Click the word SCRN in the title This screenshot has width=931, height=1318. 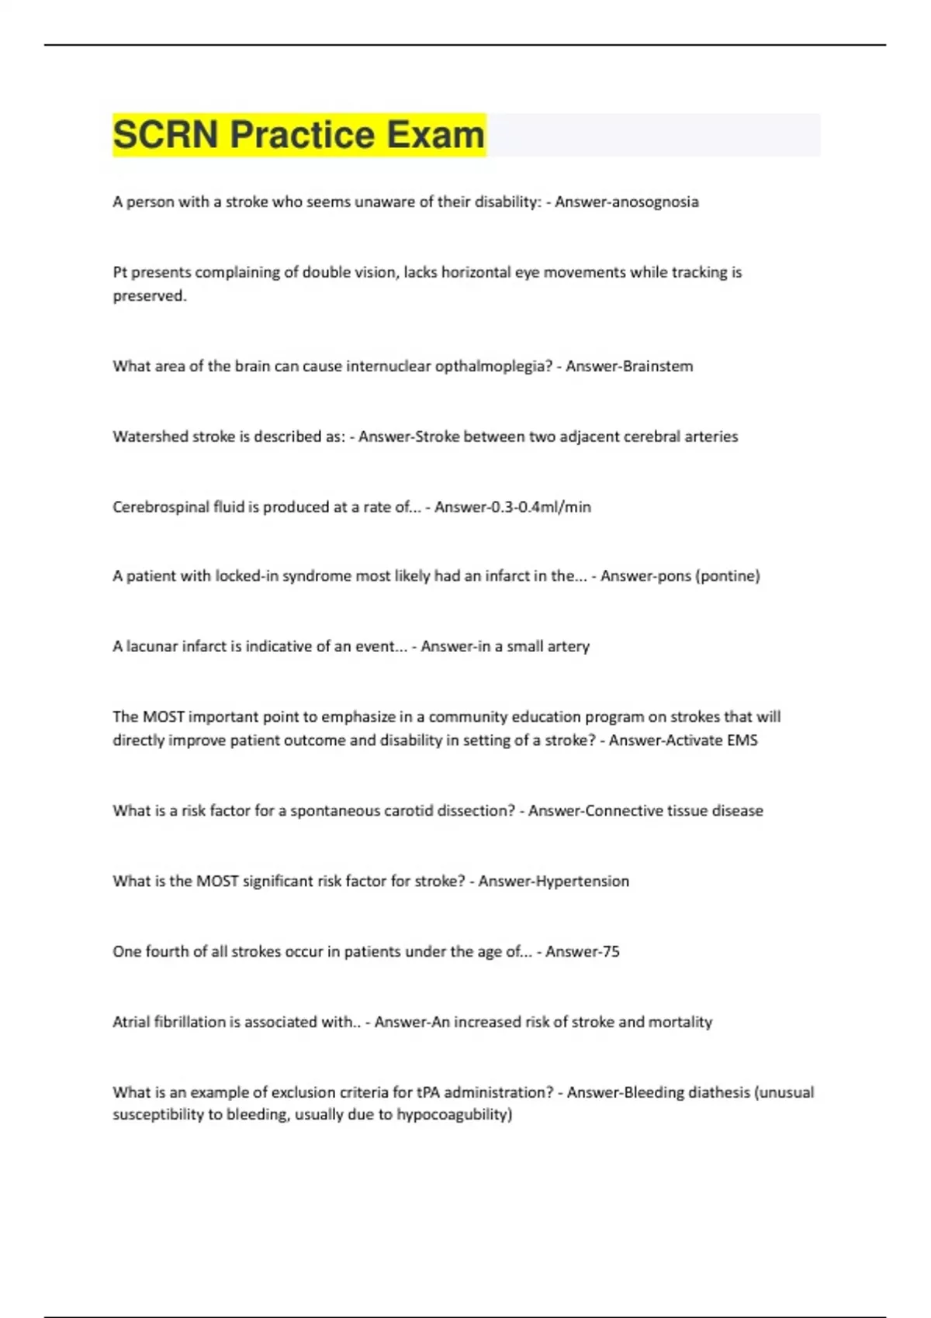pos(165,135)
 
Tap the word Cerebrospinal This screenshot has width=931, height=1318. pos(161,507)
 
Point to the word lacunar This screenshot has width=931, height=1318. pos(151,647)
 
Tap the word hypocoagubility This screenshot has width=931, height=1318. pos(454,1115)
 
